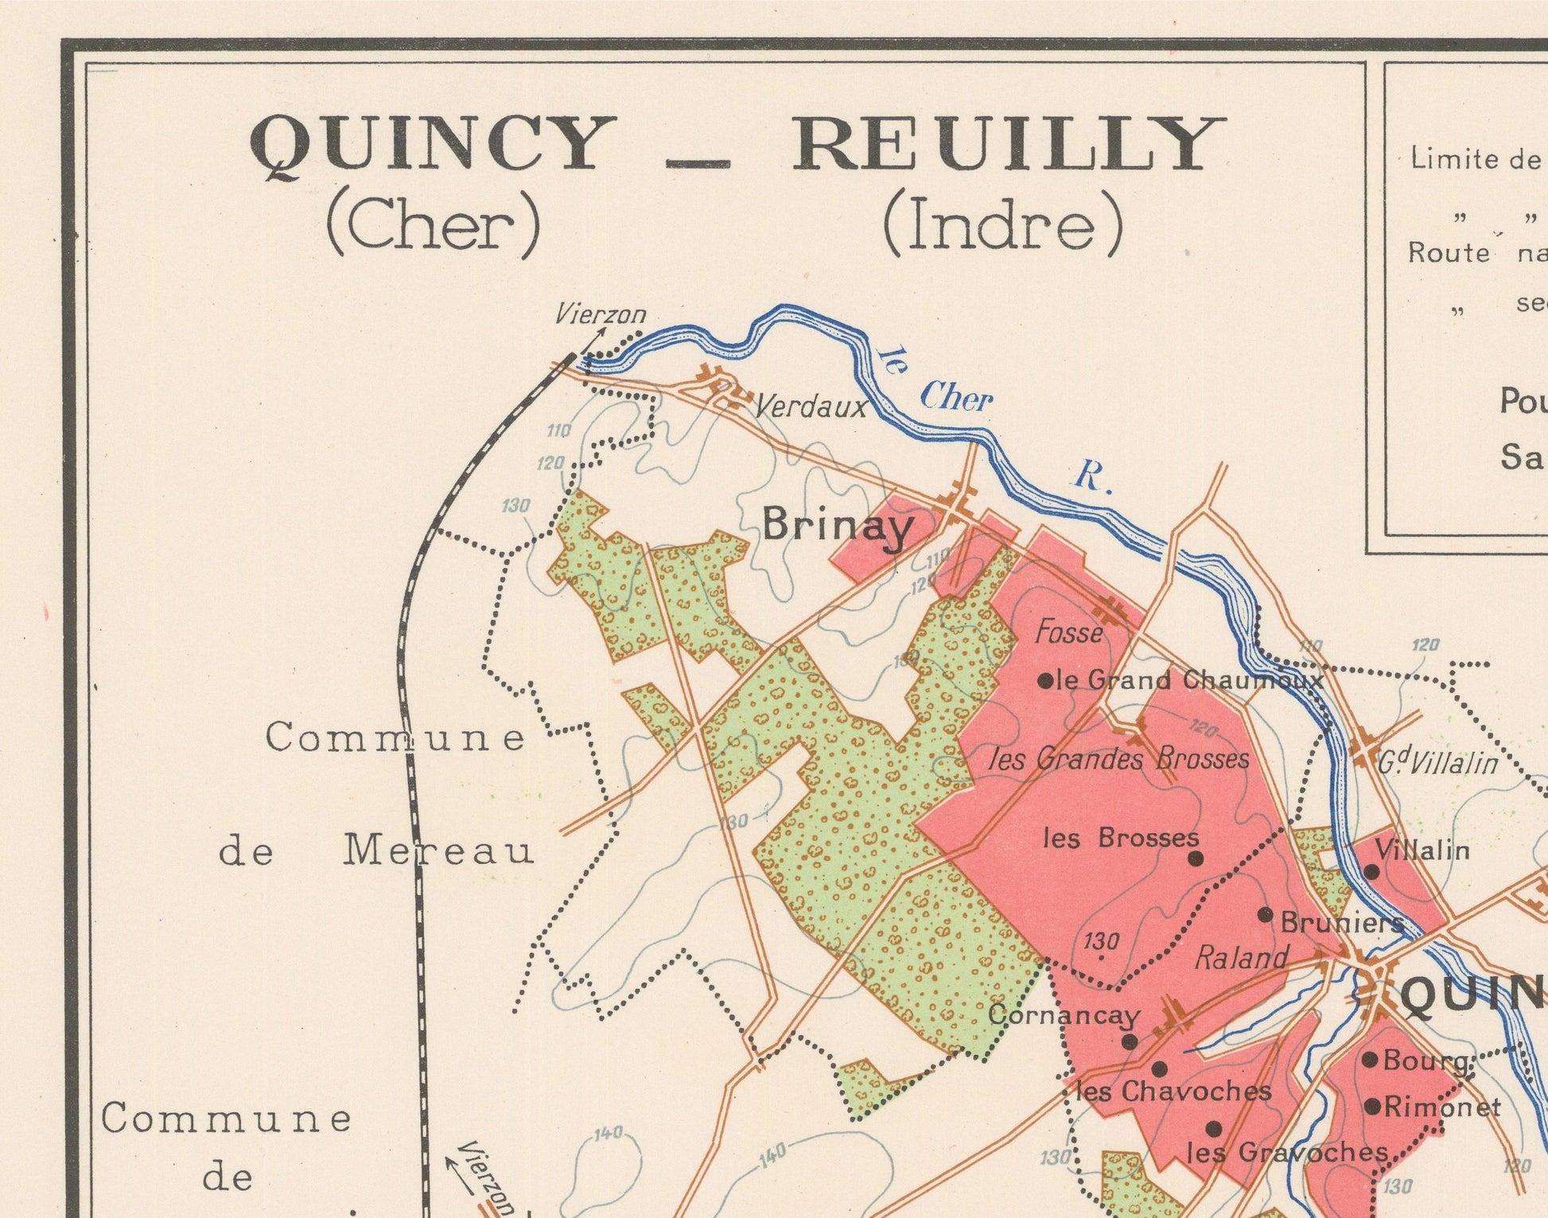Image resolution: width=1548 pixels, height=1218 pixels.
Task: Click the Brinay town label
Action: (x=838, y=527)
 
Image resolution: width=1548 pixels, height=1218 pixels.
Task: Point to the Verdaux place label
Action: (x=810, y=408)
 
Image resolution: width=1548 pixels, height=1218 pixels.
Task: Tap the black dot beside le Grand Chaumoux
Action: (x=1045, y=681)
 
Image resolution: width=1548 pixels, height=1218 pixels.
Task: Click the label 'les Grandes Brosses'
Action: (x=1118, y=758)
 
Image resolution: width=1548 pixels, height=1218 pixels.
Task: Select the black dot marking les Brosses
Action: (x=1196, y=858)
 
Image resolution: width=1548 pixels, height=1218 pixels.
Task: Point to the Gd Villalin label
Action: (x=1437, y=764)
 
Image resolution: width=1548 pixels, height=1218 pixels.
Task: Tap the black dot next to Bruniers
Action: (x=1265, y=915)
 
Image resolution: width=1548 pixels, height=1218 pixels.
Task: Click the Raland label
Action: (x=1241, y=958)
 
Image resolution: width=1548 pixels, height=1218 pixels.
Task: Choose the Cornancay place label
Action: (x=1064, y=1016)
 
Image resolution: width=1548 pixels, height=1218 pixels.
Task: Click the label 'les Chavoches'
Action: (x=1173, y=1092)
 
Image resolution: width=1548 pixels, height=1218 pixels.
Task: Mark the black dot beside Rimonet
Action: (x=1371, y=1107)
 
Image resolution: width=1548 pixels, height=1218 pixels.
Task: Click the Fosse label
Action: (x=1069, y=633)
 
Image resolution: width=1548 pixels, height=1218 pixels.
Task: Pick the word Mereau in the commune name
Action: (x=438, y=852)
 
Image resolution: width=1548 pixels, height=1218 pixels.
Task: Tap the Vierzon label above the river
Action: (x=601, y=315)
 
